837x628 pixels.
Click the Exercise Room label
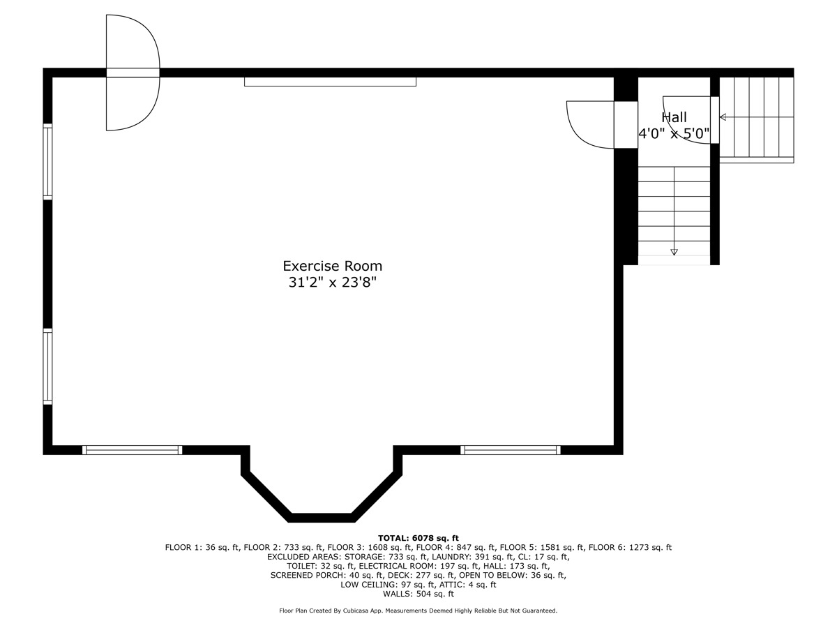coord(332,266)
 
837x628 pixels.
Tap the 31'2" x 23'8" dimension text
coord(332,283)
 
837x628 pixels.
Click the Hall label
coord(674,118)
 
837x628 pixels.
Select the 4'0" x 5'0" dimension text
coord(674,133)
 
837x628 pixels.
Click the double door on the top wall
coord(133,73)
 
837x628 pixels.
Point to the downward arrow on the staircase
coord(674,251)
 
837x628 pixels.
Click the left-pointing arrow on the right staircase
coord(723,117)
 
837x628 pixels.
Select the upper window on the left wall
coord(47,162)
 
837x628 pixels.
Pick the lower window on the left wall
coord(47,367)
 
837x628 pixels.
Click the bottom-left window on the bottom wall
coord(132,450)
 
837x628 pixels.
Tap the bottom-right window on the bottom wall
coord(511,450)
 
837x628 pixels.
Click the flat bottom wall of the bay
coord(322,518)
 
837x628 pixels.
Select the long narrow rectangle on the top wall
coord(330,82)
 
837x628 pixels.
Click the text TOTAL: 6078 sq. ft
coord(418,538)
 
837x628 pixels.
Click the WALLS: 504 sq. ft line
coord(418,595)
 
